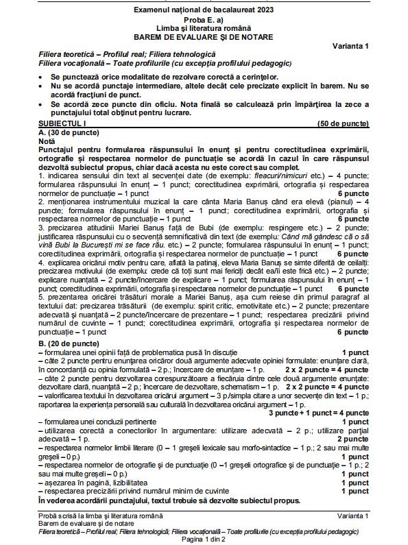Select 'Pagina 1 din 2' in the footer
click(204, 540)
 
